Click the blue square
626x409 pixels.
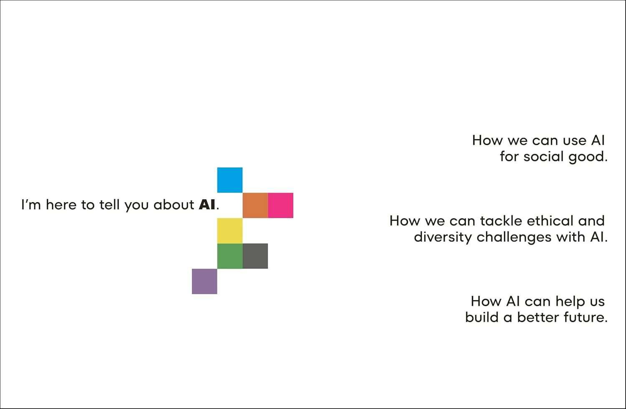[x=230, y=180]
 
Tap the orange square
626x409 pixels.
[x=255, y=205]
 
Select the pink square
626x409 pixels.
[x=280, y=205]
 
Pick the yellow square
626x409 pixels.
[x=230, y=231]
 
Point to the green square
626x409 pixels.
[x=230, y=256]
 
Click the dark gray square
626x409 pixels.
[x=255, y=256]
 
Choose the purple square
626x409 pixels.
[x=204, y=281]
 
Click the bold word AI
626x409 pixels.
[x=207, y=205]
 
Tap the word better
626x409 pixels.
[x=538, y=317]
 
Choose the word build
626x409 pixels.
[x=482, y=317]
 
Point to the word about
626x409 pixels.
[x=174, y=205]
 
